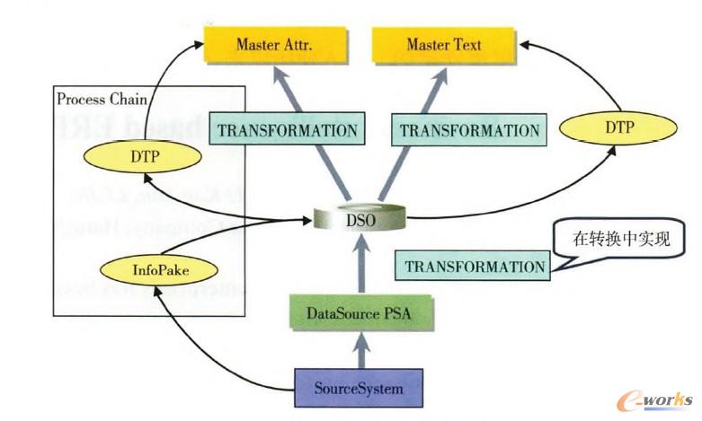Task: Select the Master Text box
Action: pyautogui.click(x=443, y=44)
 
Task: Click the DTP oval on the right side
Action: pyautogui.click(x=618, y=127)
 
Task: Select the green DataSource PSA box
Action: pyautogui.click(x=360, y=314)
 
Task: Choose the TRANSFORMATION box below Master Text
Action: pyautogui.click(x=469, y=130)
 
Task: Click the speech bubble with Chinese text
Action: pyautogui.click(x=620, y=241)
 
